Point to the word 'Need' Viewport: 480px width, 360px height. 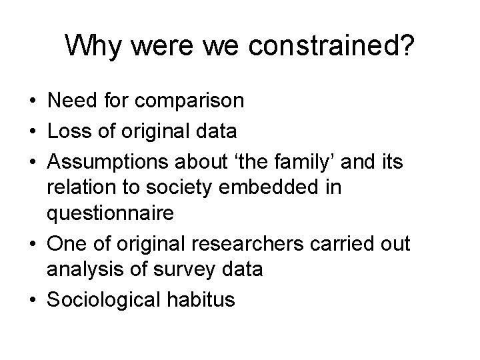point(69,102)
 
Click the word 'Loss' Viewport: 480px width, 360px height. point(69,131)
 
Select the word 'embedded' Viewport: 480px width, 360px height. point(271,187)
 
